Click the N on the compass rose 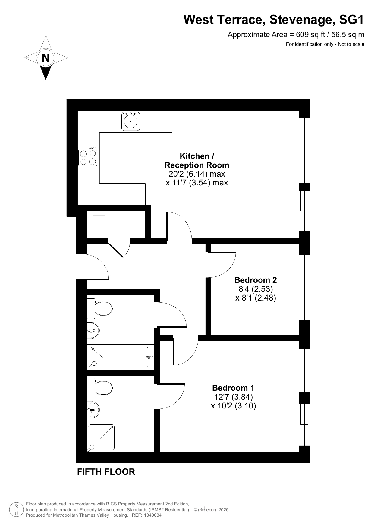click(x=46, y=58)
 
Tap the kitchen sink click(x=131, y=121)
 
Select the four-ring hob click(x=88, y=157)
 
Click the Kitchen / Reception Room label click(x=197, y=161)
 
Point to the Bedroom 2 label click(x=256, y=280)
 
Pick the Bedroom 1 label click(x=233, y=388)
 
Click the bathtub click(x=120, y=357)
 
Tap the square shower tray click(x=102, y=437)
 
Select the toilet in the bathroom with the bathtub click(x=100, y=308)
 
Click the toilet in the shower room click(x=100, y=388)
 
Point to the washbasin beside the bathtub click(x=93, y=331)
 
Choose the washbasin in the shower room click(x=93, y=410)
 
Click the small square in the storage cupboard click(x=99, y=222)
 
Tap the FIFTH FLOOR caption click(x=106, y=472)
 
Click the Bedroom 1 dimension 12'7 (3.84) click(x=233, y=397)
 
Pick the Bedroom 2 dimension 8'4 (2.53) click(x=256, y=289)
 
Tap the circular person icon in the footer click(x=17, y=509)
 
